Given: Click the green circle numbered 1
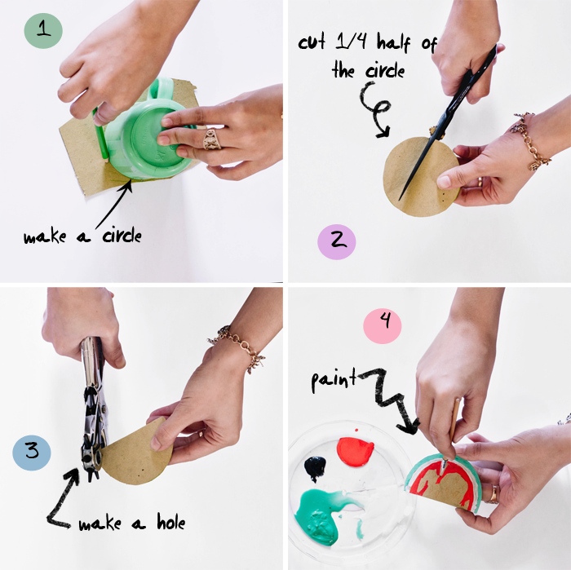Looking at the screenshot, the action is tap(43, 30).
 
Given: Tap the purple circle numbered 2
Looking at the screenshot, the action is tap(336, 241).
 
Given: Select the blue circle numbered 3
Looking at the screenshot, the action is tap(32, 453).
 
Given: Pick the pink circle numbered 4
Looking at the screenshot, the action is tap(383, 325).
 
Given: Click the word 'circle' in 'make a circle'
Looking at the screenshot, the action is tap(122, 236).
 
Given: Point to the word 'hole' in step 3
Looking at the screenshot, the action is tap(170, 522).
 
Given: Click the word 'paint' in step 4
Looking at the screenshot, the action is tap(334, 380).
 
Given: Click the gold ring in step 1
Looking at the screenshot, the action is tap(212, 139).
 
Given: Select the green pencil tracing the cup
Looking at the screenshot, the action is tap(100, 135).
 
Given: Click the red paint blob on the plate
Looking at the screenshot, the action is tap(355, 451).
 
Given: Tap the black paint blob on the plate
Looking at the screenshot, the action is tap(315, 468).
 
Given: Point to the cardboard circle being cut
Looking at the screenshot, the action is tap(421, 176).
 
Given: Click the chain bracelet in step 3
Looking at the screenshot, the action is tap(238, 347).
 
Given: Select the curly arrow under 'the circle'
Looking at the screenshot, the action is tap(375, 109).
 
